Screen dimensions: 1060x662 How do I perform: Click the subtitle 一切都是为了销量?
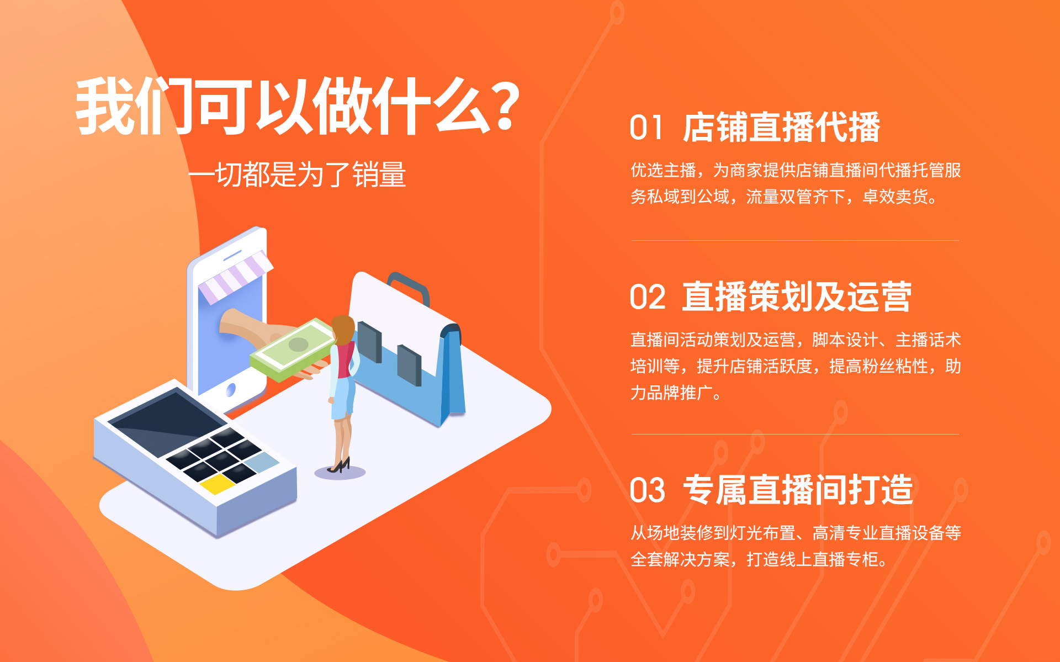[297, 175]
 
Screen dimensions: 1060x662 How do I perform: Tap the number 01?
[646, 128]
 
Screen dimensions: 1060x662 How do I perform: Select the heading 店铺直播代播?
[781, 128]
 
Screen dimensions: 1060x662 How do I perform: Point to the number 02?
[648, 298]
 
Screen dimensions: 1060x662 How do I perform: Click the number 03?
[648, 490]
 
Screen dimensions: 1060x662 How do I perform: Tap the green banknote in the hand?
[293, 349]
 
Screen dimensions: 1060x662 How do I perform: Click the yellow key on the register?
[218, 484]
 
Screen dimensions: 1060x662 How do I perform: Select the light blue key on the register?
[262, 462]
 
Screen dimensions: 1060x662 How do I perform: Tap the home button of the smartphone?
[231, 390]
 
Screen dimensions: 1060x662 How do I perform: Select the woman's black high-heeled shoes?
[340, 465]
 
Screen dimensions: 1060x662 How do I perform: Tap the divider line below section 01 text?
[795, 240]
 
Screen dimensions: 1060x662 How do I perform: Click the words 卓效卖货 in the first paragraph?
[895, 197]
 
